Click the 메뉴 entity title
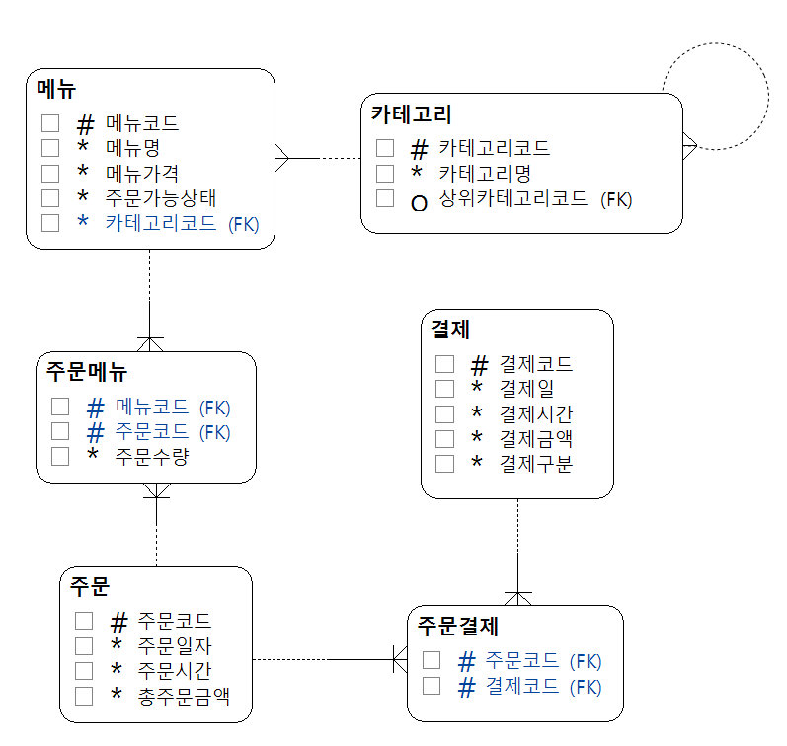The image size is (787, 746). pyautogui.click(x=57, y=88)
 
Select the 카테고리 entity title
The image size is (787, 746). pyautogui.click(x=412, y=113)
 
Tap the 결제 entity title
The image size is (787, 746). pyautogui.click(x=450, y=329)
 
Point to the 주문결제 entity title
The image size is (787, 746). pyautogui.click(x=458, y=626)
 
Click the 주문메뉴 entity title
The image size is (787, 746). pyautogui.click(x=87, y=372)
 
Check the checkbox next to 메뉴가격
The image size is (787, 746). pyautogui.click(x=51, y=173)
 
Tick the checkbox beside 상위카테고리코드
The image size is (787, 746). pyautogui.click(x=385, y=198)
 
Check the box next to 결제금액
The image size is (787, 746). pyautogui.click(x=444, y=438)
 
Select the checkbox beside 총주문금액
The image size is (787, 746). pyautogui.click(x=84, y=696)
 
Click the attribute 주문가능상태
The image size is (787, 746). pyautogui.click(x=161, y=197)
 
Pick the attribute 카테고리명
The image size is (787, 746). pyautogui.click(x=485, y=174)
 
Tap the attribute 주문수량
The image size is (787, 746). pyautogui.click(x=152, y=457)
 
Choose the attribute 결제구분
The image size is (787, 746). pyautogui.click(x=536, y=463)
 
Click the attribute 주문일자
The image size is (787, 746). pyautogui.click(x=175, y=646)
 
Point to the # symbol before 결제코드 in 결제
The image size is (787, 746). pyautogui.click(x=480, y=365)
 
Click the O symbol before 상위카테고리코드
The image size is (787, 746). pyautogui.click(x=419, y=201)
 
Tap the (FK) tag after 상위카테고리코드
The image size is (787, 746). pyautogui.click(x=616, y=199)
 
